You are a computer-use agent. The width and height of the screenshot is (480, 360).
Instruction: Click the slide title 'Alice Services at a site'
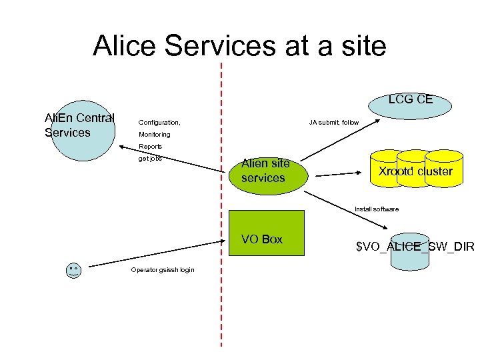point(239,46)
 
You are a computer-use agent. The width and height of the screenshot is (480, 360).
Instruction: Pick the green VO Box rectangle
point(266,233)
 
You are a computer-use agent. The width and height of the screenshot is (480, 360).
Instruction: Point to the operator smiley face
point(73,270)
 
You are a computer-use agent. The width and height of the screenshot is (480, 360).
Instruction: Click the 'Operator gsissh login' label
point(163,270)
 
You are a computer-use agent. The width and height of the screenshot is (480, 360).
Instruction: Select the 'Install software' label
point(377,209)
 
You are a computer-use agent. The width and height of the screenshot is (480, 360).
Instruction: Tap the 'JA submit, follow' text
point(333,123)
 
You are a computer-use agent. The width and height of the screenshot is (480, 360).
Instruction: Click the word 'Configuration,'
point(159,123)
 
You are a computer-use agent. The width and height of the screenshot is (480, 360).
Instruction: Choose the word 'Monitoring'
point(154,135)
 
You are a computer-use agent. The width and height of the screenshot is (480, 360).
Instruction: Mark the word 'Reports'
point(150,147)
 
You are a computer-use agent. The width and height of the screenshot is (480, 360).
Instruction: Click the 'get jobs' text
point(150,159)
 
